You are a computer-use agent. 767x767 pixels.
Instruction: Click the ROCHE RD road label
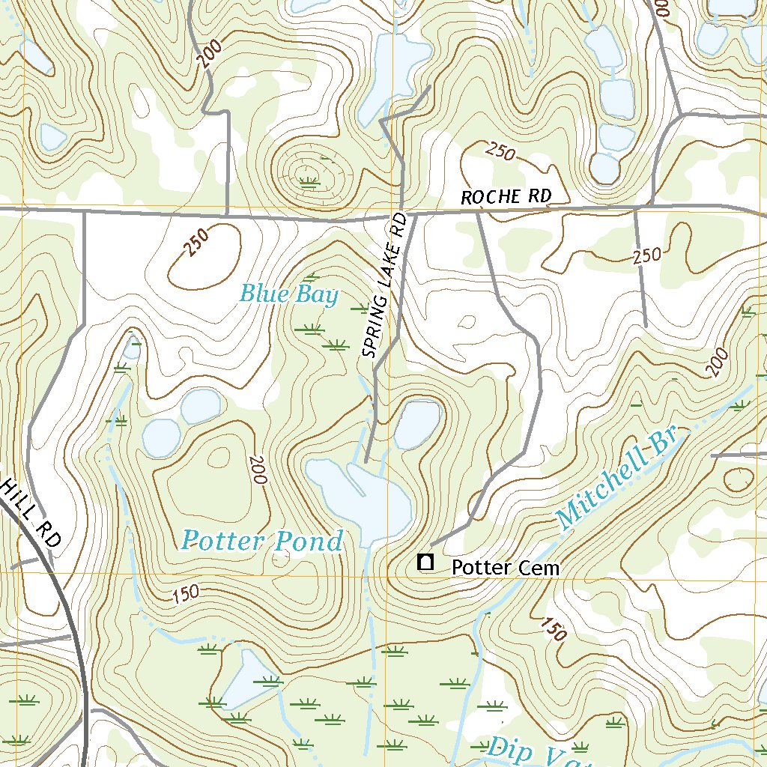(506, 197)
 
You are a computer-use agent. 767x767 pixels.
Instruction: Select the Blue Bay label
(288, 294)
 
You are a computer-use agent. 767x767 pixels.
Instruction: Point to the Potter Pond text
(262, 540)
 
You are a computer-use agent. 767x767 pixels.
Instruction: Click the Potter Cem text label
(505, 568)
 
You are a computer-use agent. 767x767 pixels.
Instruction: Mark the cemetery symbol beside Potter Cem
(425, 561)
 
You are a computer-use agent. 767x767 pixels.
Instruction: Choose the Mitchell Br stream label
(616, 476)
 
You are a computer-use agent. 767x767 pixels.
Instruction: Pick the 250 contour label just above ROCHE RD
(500, 152)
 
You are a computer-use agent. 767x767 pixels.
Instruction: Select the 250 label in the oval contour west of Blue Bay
(195, 243)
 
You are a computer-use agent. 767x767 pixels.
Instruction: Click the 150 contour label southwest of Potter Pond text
(185, 594)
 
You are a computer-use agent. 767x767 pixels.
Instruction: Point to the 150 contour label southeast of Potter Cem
(552, 628)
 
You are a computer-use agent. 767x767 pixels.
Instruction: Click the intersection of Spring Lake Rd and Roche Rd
(404, 213)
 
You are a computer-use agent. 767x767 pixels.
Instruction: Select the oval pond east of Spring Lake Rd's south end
(417, 424)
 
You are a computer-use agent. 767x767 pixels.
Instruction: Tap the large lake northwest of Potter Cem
(360, 494)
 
